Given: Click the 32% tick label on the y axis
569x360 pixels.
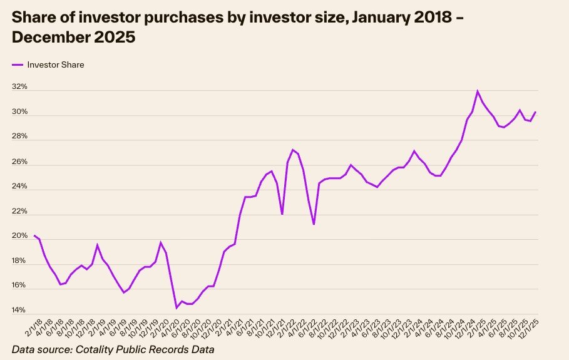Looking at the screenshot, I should [19, 87].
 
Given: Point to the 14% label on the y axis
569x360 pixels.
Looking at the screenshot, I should [19, 311].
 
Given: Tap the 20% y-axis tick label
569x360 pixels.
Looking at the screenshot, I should [19, 236].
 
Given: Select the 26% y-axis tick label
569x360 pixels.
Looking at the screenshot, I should [19, 162].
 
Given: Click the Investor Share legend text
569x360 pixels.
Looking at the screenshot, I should [55, 64].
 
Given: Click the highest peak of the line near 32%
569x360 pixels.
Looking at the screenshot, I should [478, 91].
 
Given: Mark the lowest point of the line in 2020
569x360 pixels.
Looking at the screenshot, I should [177, 307].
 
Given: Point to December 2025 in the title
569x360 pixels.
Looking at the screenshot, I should [73, 37].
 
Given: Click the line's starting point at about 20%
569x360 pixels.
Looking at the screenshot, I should [34, 235].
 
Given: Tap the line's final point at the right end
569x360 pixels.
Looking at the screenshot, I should [536, 112].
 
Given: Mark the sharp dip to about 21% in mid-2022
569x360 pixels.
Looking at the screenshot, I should [314, 224].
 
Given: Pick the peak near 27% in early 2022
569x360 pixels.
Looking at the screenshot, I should [292, 150].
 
